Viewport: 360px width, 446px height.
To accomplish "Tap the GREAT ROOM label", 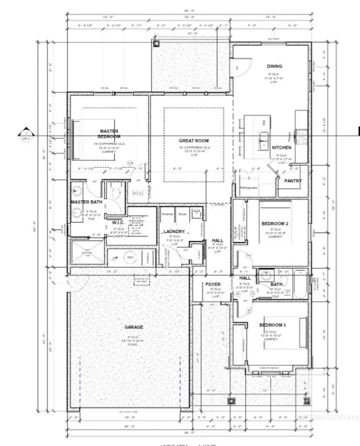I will point(194,141).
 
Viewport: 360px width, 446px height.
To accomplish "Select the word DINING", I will point(275,66).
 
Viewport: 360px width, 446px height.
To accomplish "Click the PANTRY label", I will point(293,181).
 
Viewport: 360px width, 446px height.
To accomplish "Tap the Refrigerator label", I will point(248,187).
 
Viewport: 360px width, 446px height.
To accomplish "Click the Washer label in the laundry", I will point(167,214).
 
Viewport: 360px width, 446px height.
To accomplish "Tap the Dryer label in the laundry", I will point(182,214).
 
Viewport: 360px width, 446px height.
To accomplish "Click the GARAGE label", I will point(133,327).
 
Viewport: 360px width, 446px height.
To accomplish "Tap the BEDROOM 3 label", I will point(272,325).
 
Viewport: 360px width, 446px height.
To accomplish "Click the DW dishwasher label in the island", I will point(264,123).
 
